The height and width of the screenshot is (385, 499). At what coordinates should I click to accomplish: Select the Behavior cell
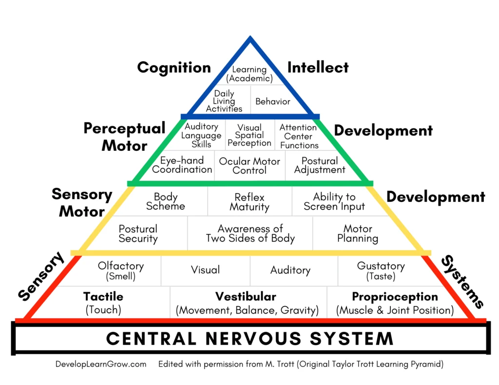pos(273,101)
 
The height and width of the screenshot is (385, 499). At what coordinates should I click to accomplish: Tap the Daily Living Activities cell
pos(224,101)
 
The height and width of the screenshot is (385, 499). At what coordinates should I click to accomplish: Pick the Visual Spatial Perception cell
pos(249,135)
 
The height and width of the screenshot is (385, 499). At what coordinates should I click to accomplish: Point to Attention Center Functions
pos(299,136)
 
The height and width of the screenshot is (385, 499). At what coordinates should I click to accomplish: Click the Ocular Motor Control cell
pos(249,165)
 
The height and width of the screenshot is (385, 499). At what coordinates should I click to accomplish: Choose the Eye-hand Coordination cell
pos(182,165)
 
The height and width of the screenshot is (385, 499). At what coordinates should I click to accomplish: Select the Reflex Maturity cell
pos(249,202)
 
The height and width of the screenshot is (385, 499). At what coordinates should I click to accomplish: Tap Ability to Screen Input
pos(334,202)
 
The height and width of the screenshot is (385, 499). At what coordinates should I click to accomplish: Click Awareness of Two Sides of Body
pos(250,233)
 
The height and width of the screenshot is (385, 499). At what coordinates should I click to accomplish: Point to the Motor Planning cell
pos(358,233)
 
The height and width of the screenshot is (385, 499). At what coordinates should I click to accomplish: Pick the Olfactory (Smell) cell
pos(121,271)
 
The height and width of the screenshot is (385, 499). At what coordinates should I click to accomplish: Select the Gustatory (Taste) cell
pos(381,271)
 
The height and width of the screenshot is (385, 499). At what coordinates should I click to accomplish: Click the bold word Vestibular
pos(246,296)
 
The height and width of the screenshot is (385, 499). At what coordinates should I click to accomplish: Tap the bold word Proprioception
pos(395,296)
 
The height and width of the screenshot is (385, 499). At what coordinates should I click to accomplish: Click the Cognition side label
pos(174,68)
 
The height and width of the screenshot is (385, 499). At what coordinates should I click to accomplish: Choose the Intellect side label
pos(318,67)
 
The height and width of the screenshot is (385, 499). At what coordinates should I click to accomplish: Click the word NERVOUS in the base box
pos(253,338)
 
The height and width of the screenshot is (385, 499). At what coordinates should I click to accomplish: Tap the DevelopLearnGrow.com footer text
pos(101,364)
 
